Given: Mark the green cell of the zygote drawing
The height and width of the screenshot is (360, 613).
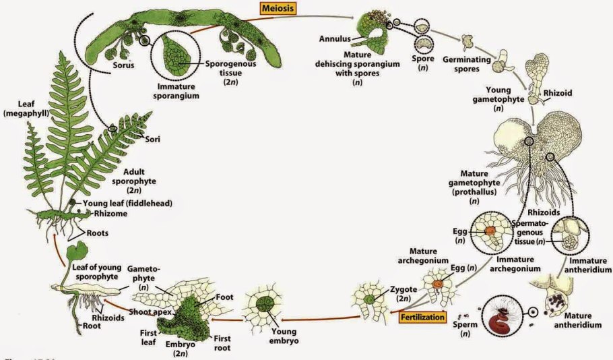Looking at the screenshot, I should [369, 297].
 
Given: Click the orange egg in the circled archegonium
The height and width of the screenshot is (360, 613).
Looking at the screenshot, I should [488, 231].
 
